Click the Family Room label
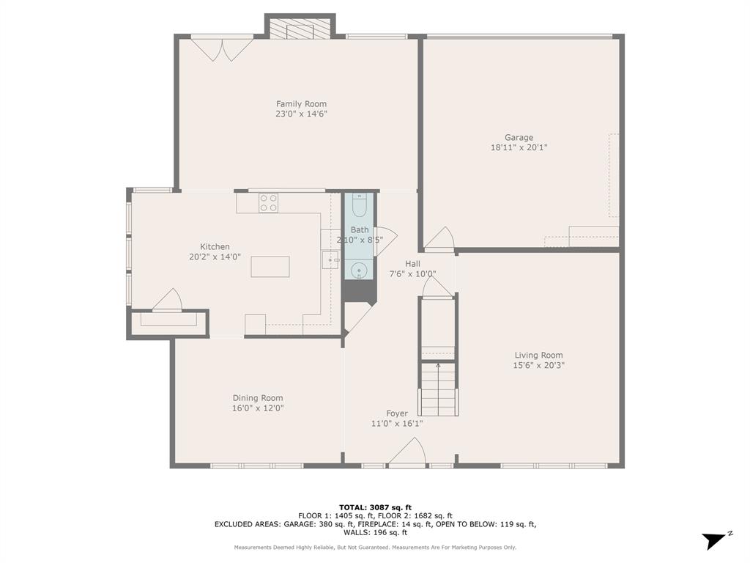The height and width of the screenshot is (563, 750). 301,104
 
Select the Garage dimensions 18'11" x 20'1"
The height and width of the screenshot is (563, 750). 519,147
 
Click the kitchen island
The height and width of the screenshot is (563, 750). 270,266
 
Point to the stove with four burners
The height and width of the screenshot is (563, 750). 269,202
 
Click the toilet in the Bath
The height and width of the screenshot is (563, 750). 359,207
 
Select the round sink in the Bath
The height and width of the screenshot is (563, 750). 359,272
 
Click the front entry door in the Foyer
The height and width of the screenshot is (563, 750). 407,452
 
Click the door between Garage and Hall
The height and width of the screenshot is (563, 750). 439,240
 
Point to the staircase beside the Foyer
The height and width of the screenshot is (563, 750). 438,389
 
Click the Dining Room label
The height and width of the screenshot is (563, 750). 258,398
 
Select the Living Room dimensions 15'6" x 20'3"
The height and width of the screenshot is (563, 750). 539,365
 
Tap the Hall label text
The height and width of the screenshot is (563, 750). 413,264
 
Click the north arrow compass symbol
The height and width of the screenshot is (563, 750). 715,540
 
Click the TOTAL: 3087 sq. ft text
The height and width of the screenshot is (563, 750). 375,507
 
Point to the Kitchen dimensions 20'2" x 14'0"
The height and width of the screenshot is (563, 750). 215,257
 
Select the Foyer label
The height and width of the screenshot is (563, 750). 397,413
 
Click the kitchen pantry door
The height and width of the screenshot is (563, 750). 168,301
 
